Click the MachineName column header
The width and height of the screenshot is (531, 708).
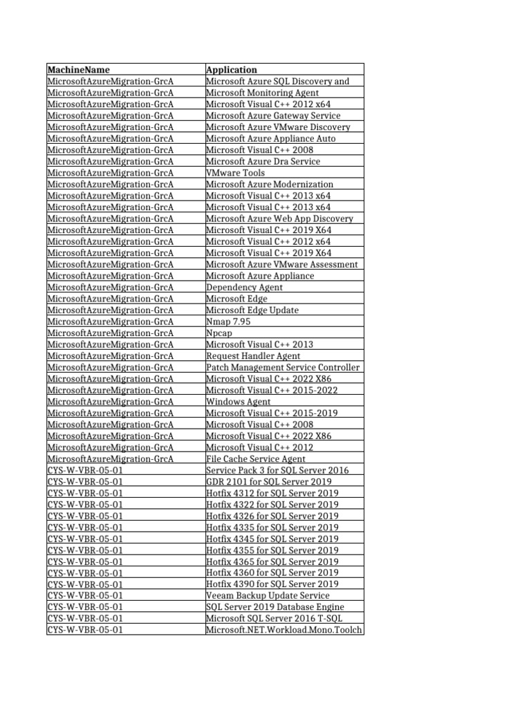pos(78,70)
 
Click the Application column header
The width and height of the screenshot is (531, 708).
pos(232,70)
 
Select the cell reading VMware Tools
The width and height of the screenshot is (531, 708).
pos(236,173)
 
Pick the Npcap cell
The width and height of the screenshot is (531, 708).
pos(219,333)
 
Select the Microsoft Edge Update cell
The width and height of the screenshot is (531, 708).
pos(252,310)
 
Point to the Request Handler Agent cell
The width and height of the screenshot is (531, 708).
pos(253,356)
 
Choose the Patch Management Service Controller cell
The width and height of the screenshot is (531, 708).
pos(283,367)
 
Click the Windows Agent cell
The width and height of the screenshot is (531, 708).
pos(239,402)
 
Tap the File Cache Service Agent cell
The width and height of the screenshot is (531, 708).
pos(256,459)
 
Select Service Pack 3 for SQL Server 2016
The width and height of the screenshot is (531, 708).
pos(277,470)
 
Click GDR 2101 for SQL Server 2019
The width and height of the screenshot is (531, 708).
pos(268,482)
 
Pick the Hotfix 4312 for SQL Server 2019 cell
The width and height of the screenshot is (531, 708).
pos(272,493)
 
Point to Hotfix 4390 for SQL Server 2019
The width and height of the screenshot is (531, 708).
pos(272,584)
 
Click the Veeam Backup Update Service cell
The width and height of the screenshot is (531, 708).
pos(268,596)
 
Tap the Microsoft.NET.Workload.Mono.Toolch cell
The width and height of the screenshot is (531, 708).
pos(283,630)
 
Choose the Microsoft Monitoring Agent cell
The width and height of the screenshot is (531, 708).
pos(262,93)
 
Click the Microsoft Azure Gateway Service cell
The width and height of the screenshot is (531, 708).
pos(273,115)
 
